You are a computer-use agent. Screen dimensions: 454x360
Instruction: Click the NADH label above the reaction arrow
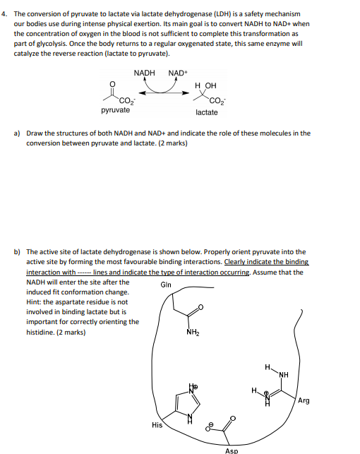click(144, 73)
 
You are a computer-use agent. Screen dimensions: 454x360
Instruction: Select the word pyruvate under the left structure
click(115, 111)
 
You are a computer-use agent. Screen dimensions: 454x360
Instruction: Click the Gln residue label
click(166, 285)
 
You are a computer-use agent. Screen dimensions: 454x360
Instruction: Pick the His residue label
click(157, 425)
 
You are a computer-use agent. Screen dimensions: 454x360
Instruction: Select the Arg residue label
click(304, 401)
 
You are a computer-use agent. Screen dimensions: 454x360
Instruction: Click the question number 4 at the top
click(5, 14)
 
